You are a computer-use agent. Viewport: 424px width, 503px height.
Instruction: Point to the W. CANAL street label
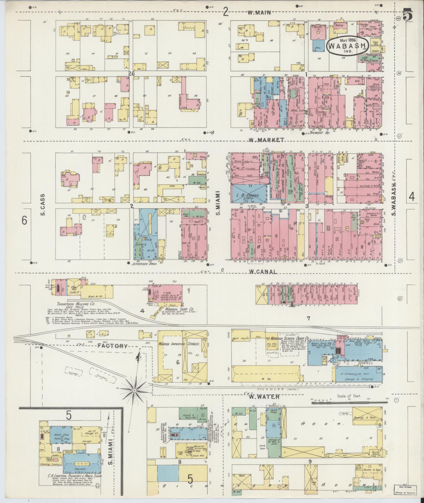click(263, 272)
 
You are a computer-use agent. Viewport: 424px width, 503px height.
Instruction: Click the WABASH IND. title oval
click(347, 45)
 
